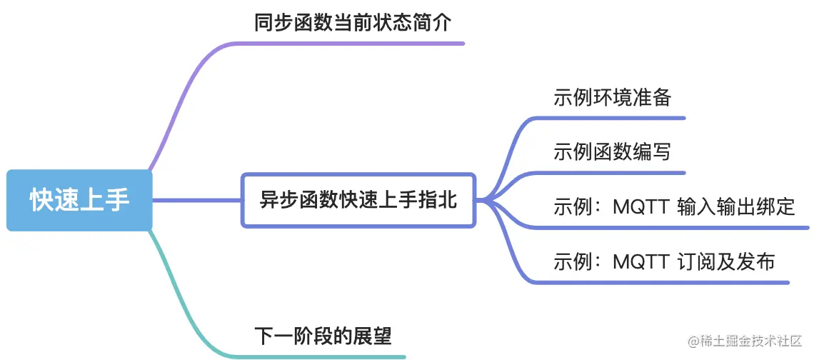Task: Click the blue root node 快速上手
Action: pos(79,200)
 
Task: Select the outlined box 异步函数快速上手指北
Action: pos(358,200)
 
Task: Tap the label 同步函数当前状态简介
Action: pos(353,24)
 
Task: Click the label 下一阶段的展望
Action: pos(323,335)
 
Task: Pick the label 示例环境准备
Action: pos(612,97)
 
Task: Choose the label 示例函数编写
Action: pos(612,151)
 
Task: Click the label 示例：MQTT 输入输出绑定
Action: pos(674,207)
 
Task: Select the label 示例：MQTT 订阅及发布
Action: pos(664,261)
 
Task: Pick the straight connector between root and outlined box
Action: pos(196,200)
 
